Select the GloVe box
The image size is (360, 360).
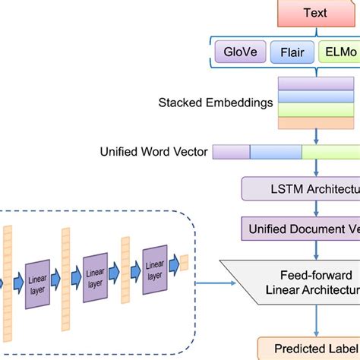coord(240,53)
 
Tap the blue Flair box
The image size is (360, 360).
coord(292,53)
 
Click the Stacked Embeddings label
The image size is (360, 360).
coord(216,102)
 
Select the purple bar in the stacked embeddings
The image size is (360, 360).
coord(318,84)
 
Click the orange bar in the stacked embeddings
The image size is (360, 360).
coord(318,122)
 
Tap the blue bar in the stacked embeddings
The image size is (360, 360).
coord(318,96)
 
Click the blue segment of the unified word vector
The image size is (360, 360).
coord(275,152)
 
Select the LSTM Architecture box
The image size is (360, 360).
coord(301,189)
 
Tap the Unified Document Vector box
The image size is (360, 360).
coord(301,228)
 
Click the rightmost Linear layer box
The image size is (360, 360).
coord(154,267)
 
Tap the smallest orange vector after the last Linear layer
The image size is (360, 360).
coord(183,263)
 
